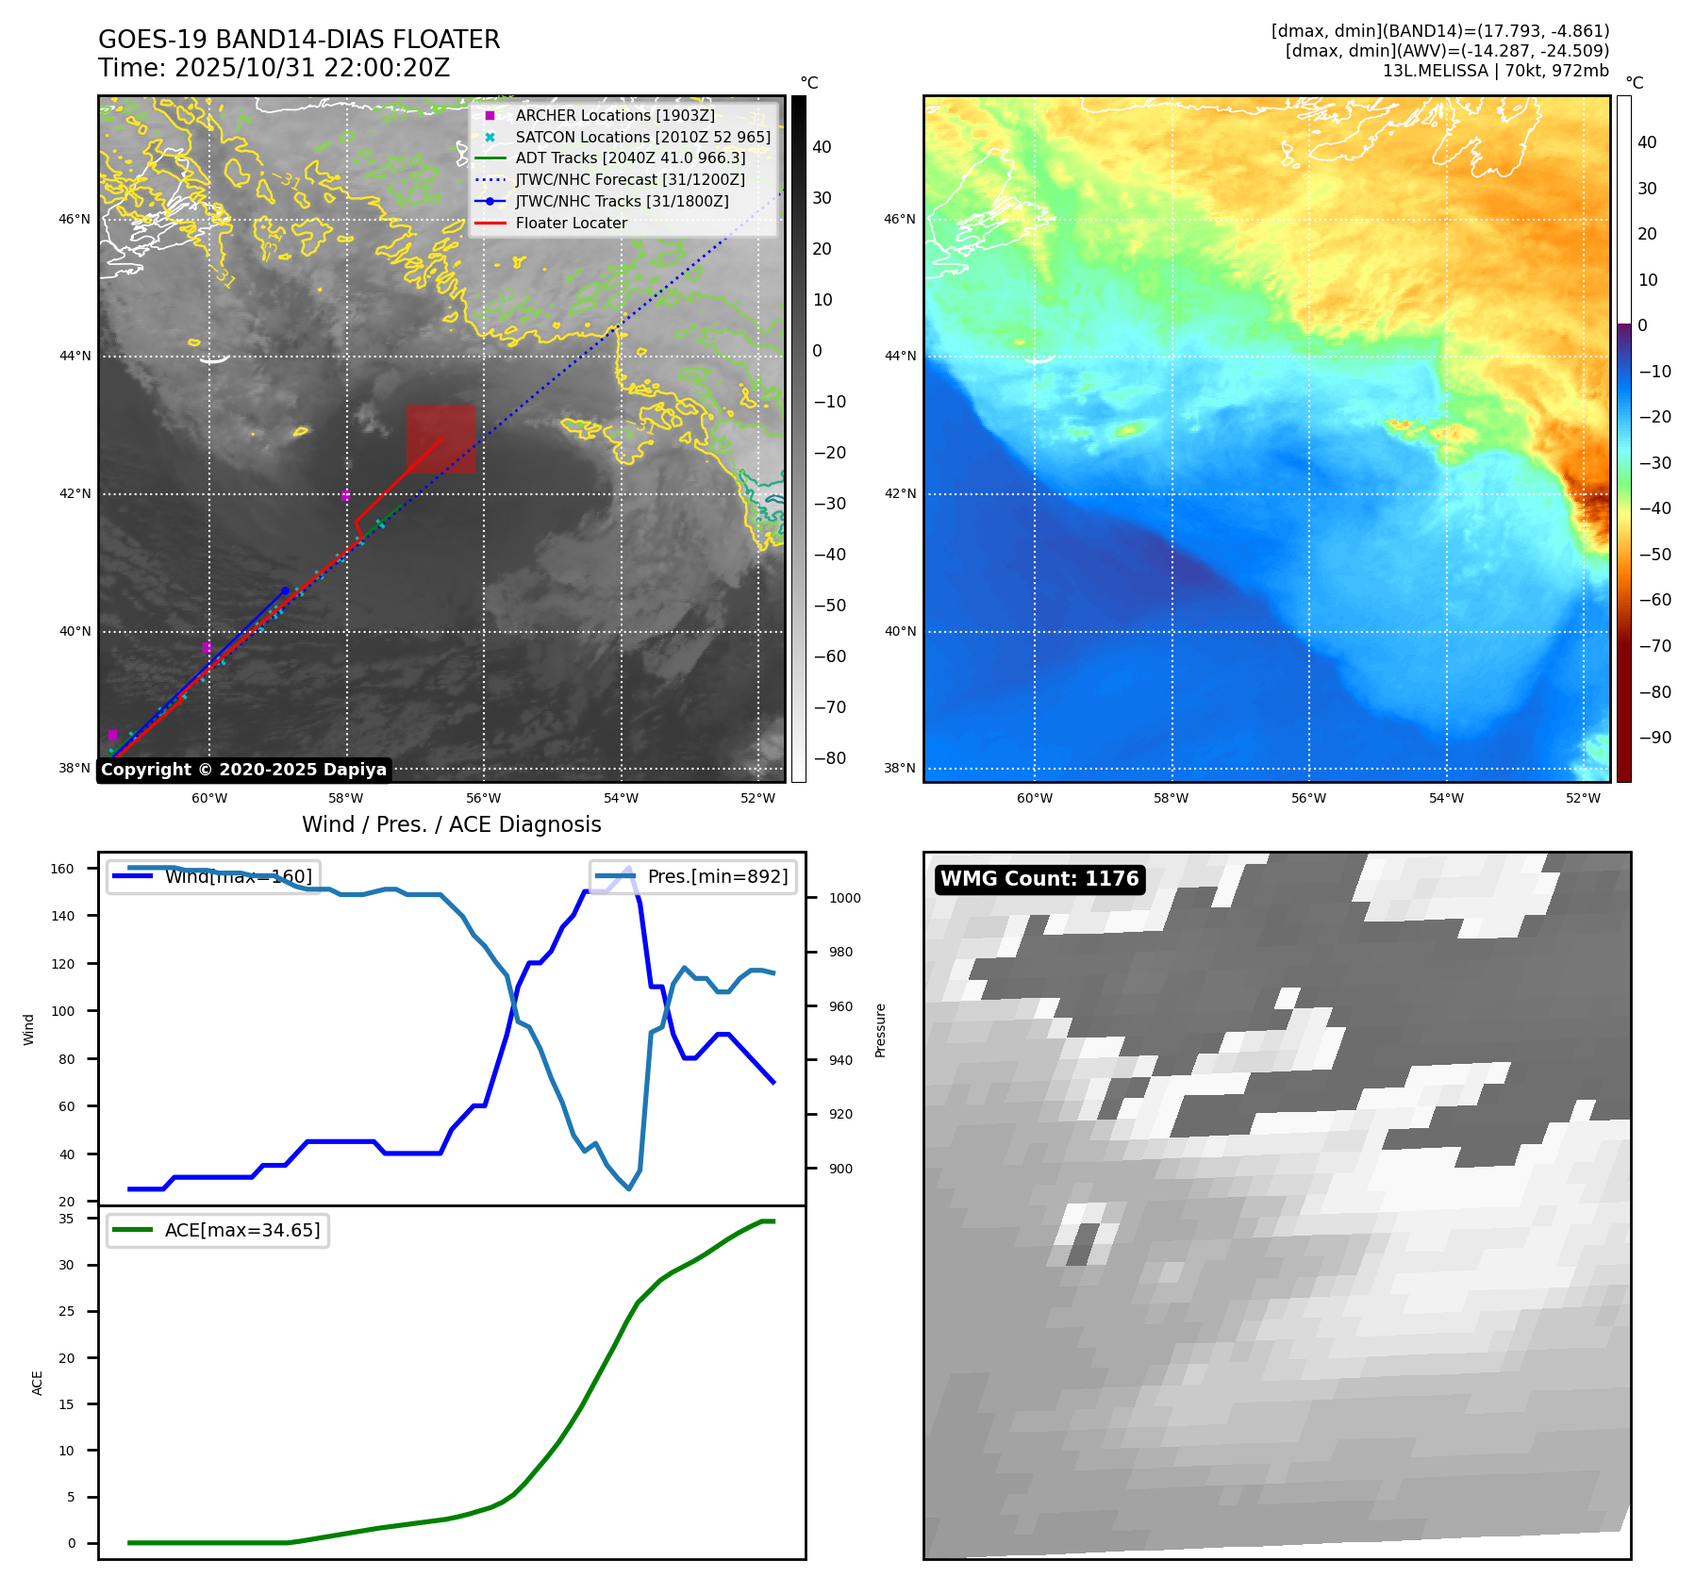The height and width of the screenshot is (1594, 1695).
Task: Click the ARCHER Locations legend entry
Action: [614, 115]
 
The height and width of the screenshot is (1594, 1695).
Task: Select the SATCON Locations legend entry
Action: [642, 137]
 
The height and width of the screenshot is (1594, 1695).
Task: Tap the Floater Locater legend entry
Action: [571, 223]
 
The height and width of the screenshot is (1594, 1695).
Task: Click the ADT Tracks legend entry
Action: [630, 158]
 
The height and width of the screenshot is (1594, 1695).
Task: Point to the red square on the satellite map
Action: [440, 439]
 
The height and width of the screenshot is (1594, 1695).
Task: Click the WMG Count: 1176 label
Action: [1039, 879]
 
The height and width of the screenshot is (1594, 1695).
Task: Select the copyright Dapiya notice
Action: [243, 770]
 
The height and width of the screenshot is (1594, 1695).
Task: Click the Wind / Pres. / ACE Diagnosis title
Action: [451, 824]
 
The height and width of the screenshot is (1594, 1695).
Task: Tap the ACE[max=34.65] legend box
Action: [218, 1230]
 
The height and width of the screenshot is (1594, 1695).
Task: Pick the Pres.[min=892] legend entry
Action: [693, 876]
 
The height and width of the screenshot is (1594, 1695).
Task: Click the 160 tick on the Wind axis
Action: [62, 869]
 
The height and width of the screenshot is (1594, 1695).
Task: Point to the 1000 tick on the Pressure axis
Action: [844, 898]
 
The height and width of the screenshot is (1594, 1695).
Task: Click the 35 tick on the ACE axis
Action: [66, 1219]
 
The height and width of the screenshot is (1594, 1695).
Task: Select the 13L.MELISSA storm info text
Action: [1495, 71]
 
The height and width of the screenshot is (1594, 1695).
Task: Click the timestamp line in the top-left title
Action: [274, 68]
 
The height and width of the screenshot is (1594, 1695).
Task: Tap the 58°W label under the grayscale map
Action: [346, 798]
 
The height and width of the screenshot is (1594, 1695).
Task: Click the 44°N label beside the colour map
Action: [899, 356]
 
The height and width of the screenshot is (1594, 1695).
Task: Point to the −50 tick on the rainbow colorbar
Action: [1654, 554]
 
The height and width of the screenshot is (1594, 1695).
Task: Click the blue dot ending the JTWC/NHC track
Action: [285, 590]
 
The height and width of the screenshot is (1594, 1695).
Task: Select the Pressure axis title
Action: [880, 1030]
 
